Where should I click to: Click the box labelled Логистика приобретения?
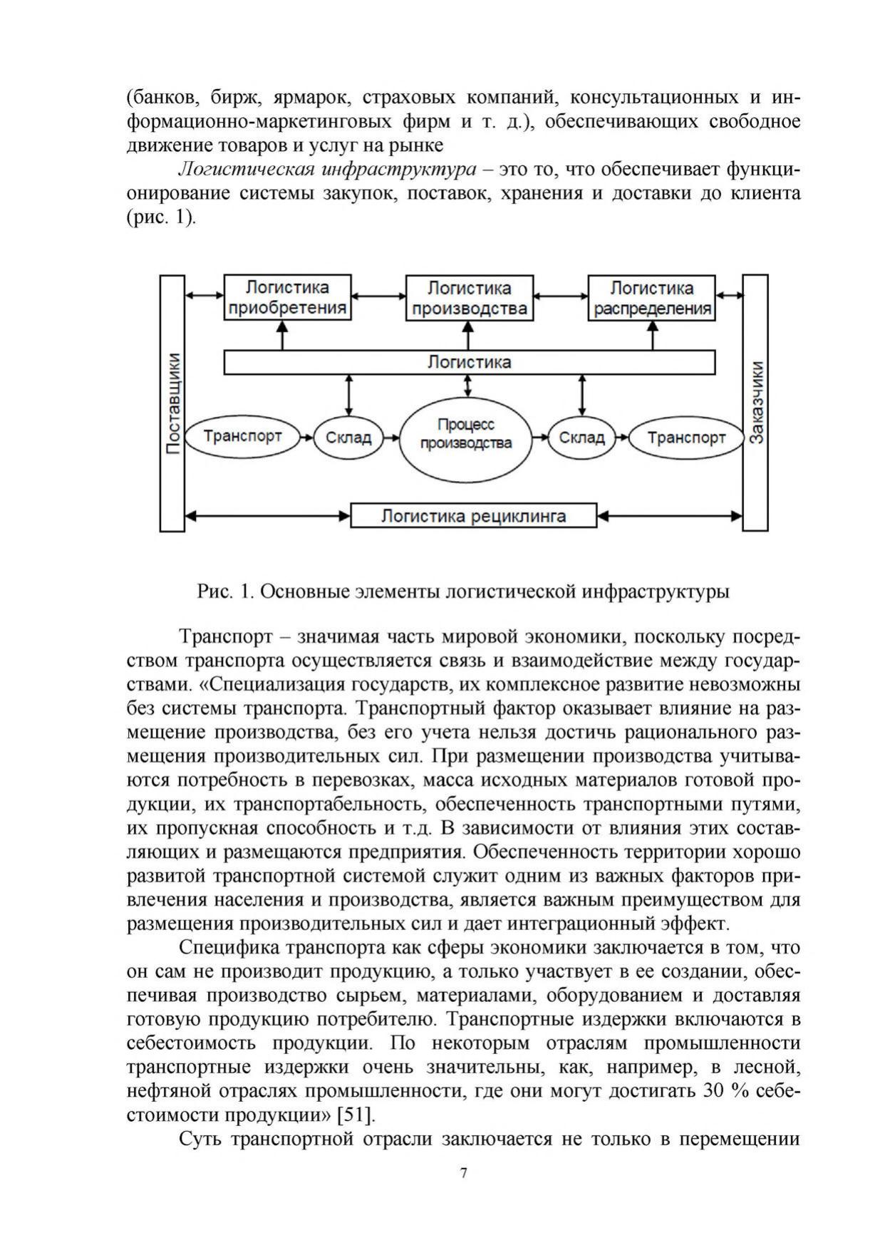point(287,298)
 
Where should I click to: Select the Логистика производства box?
point(469,298)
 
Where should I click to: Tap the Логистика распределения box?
point(651,298)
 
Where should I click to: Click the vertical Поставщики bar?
point(172,403)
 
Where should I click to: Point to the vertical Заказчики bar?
point(755,403)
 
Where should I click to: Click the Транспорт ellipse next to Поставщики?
point(242,436)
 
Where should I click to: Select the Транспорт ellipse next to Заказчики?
point(685,438)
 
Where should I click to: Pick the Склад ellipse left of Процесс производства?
point(348,438)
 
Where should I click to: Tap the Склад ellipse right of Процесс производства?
point(582,438)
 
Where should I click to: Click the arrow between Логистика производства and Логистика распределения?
point(560,294)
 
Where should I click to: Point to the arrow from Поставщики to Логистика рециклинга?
point(267,515)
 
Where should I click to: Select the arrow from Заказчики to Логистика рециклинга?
point(670,515)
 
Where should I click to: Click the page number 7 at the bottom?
point(464,1173)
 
